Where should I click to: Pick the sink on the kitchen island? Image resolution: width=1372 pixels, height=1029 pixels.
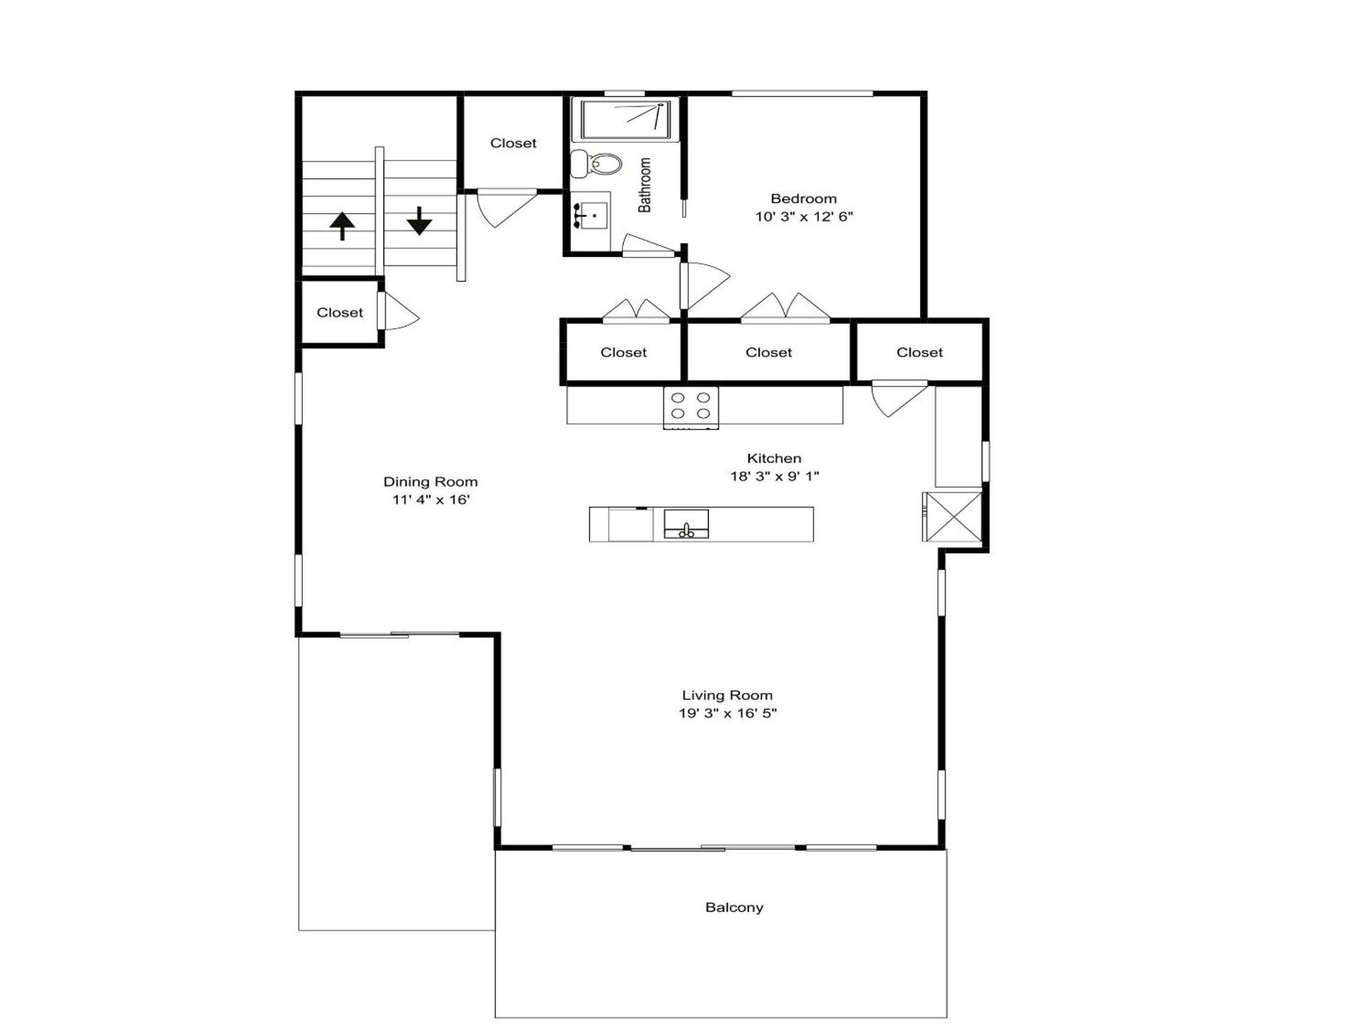point(686,524)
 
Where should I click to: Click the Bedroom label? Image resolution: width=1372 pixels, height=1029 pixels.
point(803,199)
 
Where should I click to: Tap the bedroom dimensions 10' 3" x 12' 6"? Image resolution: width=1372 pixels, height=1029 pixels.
point(804,216)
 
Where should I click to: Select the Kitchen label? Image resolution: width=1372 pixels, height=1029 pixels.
point(774,458)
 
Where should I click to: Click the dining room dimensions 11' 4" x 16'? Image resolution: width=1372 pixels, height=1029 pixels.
point(431,499)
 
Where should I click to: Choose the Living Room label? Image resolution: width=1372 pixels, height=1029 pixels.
point(727,696)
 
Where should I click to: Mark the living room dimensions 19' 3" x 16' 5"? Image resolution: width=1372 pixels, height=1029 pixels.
point(727,713)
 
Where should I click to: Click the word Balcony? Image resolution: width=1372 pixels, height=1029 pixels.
point(735,908)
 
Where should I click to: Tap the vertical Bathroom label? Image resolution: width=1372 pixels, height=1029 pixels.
point(645,185)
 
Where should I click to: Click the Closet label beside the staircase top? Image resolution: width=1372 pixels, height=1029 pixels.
point(514,143)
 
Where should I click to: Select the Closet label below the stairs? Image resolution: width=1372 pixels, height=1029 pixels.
point(340,313)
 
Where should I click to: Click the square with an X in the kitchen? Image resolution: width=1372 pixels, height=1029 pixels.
point(952,517)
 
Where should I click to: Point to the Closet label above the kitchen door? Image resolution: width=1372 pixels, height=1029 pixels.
point(919,353)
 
